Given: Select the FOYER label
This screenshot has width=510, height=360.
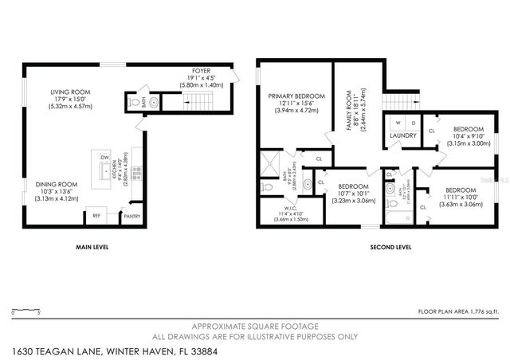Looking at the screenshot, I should (190, 70).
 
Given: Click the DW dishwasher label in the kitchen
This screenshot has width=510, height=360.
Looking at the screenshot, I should (104, 158).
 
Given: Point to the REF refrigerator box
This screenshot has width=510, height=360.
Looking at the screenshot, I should (96, 215).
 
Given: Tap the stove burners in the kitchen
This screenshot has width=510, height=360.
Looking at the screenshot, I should (137, 169).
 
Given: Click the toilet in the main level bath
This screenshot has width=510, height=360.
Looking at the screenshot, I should (136, 103).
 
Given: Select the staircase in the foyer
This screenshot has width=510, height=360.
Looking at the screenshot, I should (200, 101).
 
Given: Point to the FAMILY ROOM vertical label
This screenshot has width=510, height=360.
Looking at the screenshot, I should (348, 101).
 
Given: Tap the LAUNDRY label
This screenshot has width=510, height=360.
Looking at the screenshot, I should (404, 135).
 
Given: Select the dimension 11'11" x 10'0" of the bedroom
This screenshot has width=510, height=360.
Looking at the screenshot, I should (461, 197).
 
